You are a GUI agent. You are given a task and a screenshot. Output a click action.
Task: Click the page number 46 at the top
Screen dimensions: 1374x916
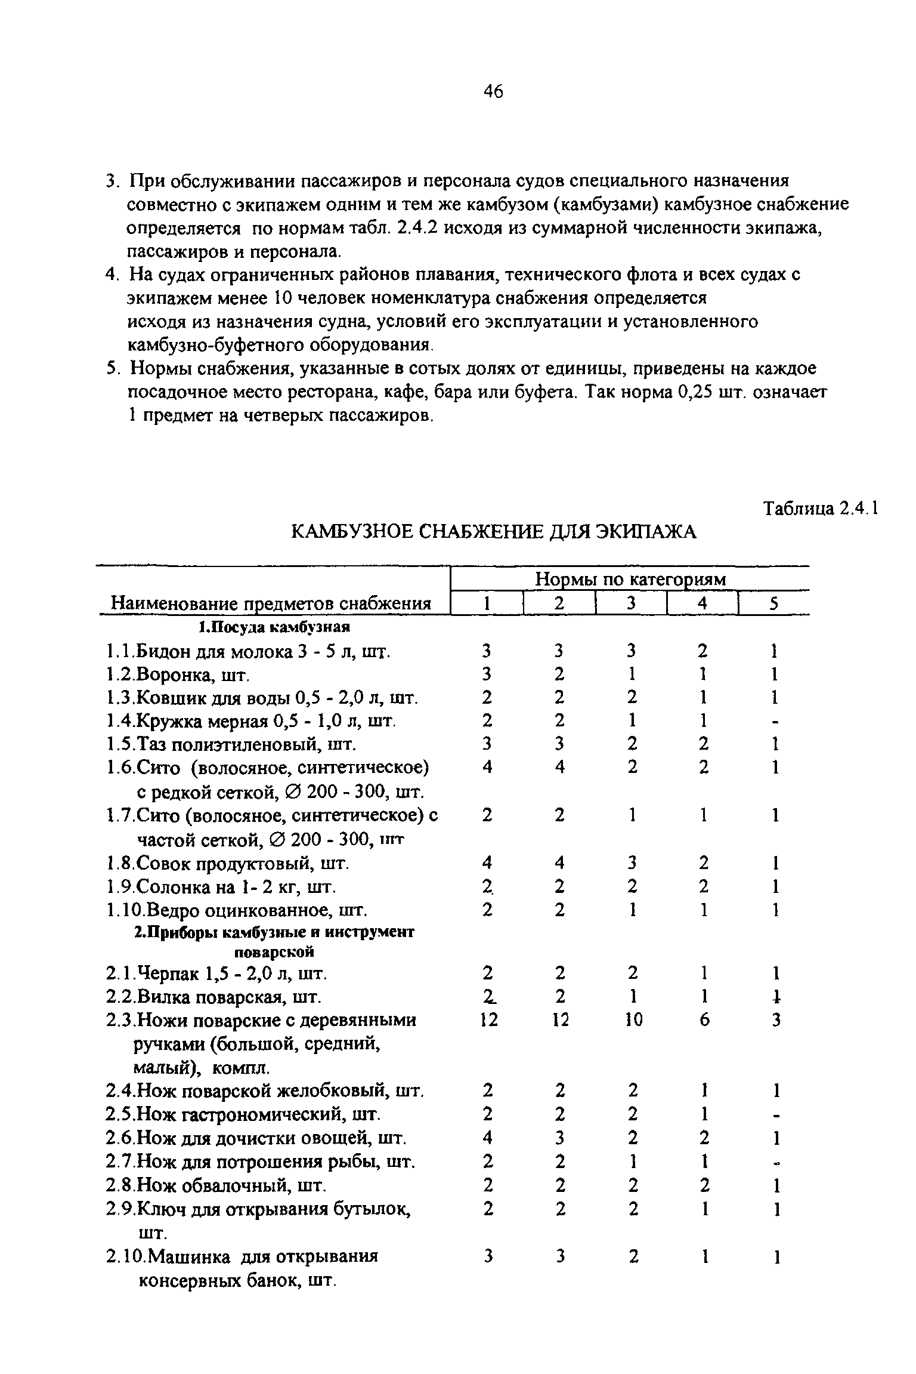[x=493, y=91]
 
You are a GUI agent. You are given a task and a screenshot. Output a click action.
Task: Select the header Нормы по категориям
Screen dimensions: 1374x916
[x=630, y=578]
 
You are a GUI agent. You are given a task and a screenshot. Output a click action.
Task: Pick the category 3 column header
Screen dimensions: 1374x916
[x=632, y=603]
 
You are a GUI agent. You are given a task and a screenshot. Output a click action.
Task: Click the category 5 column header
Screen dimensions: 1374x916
[x=774, y=603]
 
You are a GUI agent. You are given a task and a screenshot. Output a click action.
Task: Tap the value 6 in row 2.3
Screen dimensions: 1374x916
[x=704, y=1020]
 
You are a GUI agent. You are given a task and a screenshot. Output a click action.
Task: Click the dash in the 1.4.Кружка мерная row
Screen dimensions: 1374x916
[x=775, y=722]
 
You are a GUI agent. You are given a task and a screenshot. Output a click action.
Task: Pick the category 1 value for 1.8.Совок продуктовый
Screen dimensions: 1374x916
[x=487, y=863]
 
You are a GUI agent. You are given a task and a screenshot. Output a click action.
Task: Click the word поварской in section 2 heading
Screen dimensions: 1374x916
[x=273, y=951]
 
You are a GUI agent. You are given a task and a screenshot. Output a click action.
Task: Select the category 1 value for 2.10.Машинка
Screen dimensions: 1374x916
[x=488, y=1256]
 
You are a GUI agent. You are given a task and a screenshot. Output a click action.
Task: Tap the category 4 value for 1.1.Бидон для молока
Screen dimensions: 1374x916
[x=704, y=651]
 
